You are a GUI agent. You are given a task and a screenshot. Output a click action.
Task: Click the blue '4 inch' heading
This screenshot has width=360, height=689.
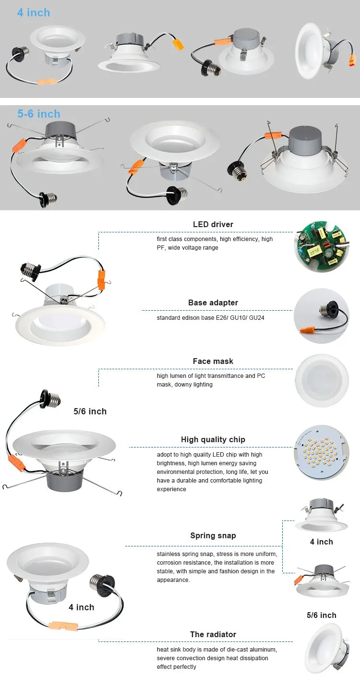pos(34,12)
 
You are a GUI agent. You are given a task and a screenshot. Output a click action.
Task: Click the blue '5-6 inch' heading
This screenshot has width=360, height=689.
pos(39,114)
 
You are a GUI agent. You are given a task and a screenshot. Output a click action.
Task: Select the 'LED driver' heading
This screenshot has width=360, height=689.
pos(213,224)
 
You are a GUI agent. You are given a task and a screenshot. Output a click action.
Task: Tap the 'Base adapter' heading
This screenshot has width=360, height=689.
pos(213,302)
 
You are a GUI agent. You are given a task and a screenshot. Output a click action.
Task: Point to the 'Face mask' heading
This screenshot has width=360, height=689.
pos(213,361)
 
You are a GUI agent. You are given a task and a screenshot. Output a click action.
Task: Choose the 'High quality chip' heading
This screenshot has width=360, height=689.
pos(213,439)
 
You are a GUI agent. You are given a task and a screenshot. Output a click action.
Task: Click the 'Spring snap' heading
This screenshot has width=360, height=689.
pos(213,535)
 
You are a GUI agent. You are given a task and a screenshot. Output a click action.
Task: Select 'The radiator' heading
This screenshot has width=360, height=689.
pos(213,634)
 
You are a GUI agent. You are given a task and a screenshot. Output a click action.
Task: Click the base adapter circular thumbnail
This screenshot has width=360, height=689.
pos(321,316)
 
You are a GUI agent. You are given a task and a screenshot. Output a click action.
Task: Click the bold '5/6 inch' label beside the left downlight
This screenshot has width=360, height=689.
pos(90,411)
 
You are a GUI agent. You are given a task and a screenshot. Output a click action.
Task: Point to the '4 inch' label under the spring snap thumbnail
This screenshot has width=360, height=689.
pos(321,542)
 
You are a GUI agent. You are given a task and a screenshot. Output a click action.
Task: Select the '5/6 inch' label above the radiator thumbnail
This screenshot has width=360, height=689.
pos(321,615)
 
